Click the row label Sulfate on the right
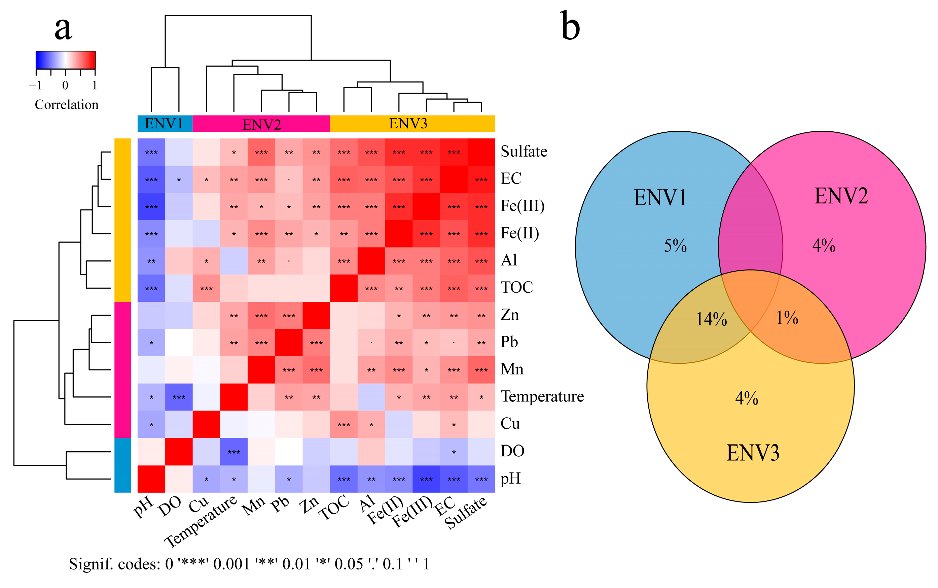524,151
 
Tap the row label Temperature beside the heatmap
542,397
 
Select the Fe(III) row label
522,206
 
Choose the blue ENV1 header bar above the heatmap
165,124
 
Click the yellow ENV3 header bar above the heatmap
412,124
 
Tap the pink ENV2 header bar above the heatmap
261,124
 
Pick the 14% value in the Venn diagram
711,319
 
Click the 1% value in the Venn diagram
787,318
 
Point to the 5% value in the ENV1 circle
675,246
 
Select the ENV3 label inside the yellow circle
753,453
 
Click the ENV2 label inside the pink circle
841,196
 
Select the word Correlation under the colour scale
66,105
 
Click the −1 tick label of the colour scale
35,85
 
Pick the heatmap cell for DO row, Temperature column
234,452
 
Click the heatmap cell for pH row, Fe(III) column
426,479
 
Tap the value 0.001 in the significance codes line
231,564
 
